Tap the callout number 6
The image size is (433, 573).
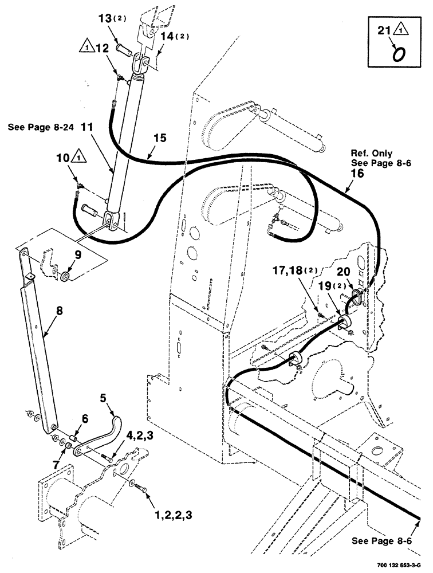(x=85, y=419)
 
